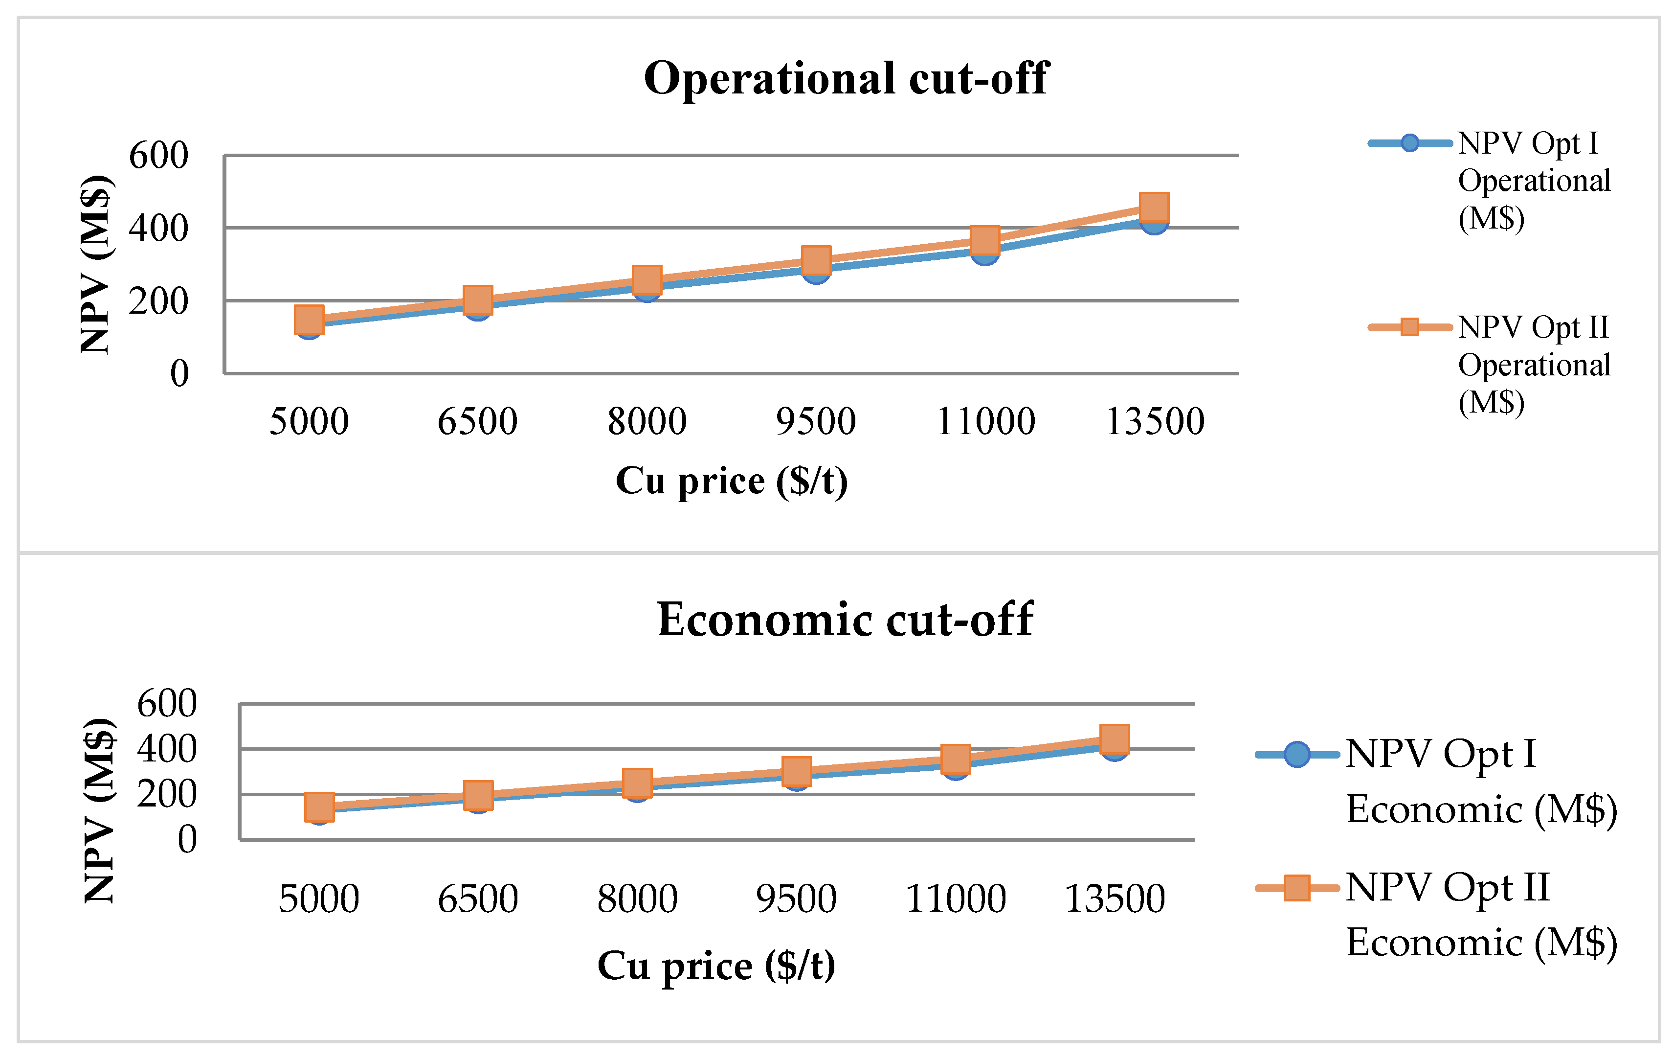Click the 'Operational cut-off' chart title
846,78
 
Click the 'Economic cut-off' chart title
845,620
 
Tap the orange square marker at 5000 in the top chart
309,320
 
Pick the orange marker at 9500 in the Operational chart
816,260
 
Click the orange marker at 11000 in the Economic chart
955,759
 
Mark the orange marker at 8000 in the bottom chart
637,783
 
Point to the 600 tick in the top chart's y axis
158,155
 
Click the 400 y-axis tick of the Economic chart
167,749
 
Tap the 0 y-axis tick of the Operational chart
179,373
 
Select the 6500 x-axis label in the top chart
477,421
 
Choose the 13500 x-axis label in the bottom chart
1115,899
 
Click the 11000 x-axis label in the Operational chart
986,421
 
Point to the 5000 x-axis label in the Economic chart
319,899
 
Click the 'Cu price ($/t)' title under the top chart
732,481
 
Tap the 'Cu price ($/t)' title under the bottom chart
716,966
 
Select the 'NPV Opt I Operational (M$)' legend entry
1489,181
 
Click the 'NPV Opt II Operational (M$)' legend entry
1489,365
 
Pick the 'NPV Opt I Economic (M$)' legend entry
1437,782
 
